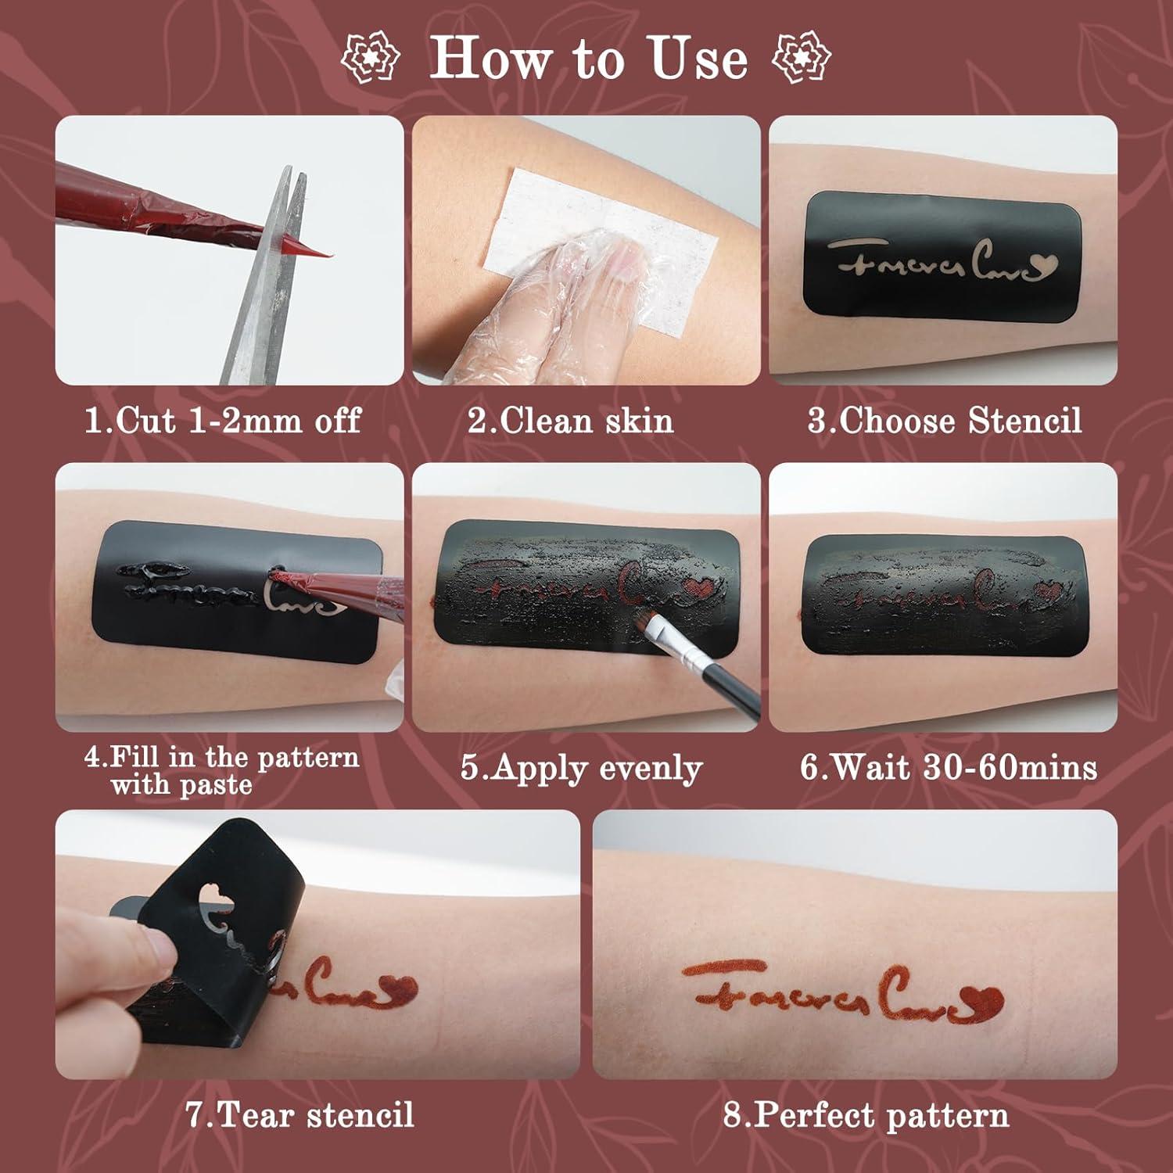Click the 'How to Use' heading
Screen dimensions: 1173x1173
[x=588, y=58]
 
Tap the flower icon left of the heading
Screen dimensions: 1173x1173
[x=371, y=56]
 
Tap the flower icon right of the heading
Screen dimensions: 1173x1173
[x=802, y=56]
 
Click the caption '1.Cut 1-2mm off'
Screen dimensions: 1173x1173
[x=223, y=421]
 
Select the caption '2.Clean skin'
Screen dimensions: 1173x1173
[x=570, y=421]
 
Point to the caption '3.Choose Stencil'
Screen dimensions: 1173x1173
[x=945, y=421]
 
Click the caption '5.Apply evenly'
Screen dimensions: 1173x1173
[x=581, y=768]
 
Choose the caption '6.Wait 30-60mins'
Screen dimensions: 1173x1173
[x=948, y=768]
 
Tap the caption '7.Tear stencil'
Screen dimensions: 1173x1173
[x=300, y=1114]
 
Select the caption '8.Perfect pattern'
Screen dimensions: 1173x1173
[x=866, y=1114]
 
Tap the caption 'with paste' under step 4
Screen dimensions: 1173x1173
[x=181, y=784]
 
